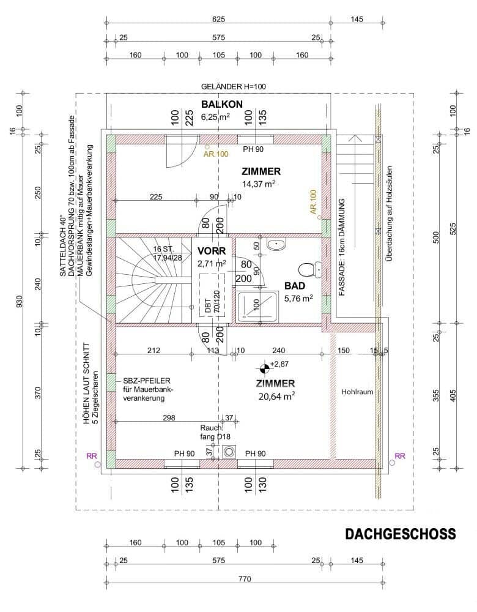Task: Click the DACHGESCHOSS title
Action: point(400,534)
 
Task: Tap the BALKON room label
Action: point(222,104)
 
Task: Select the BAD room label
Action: point(295,286)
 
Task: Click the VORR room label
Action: point(212,250)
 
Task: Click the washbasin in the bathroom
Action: point(276,244)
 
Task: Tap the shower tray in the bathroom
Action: point(257,306)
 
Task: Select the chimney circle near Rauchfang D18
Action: point(228,452)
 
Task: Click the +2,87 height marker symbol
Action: point(264,367)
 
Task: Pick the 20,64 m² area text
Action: point(276,397)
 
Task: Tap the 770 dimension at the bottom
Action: point(245,579)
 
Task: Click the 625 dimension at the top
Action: point(218,19)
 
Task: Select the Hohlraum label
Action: point(357,392)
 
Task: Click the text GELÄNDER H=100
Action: point(233,87)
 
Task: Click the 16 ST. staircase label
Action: point(164,249)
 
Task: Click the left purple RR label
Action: point(92,455)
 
